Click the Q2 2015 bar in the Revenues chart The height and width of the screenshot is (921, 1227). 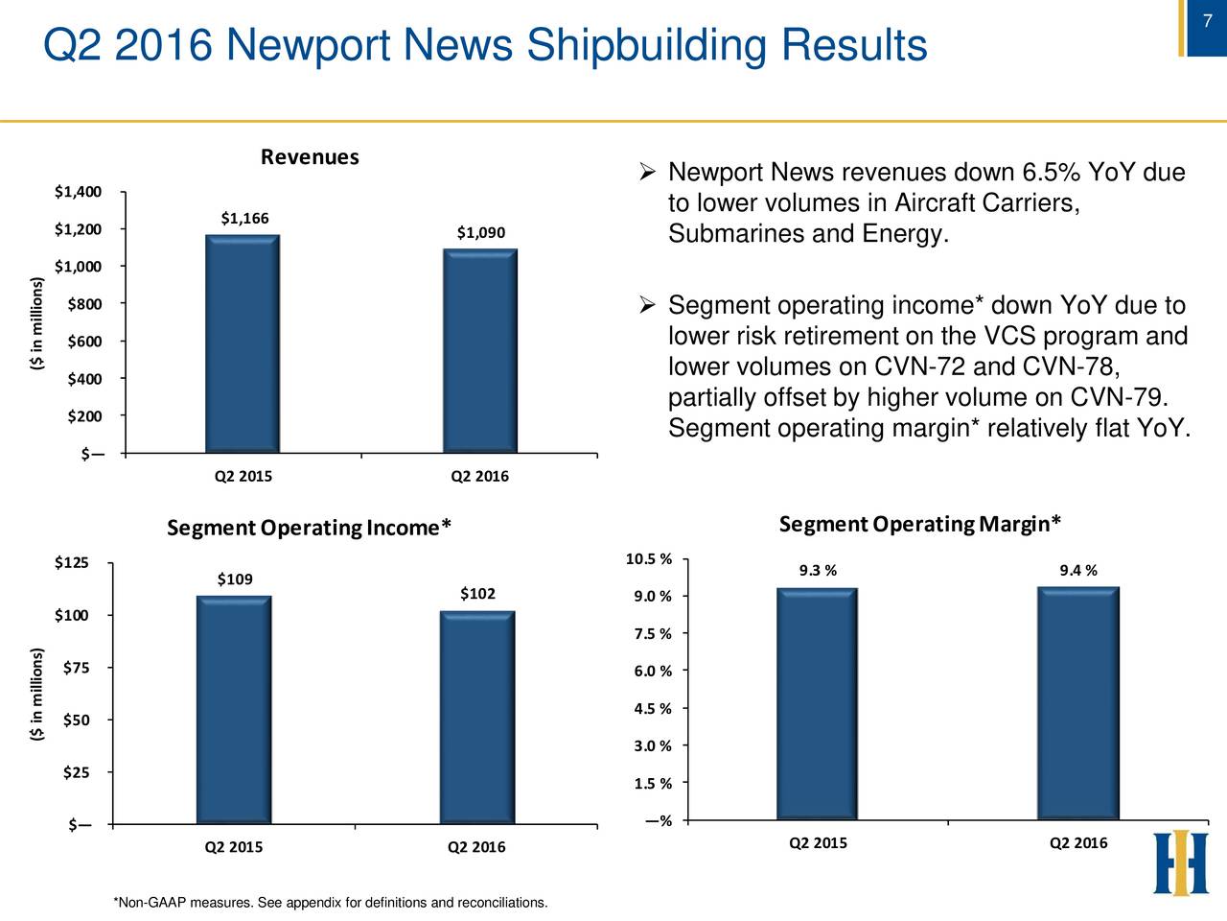click(242, 343)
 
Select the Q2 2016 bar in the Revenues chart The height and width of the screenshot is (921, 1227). click(480, 350)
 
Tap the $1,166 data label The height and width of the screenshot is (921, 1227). click(244, 218)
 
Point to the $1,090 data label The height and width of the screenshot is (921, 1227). click(481, 233)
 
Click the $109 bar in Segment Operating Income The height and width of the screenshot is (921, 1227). click(234, 710)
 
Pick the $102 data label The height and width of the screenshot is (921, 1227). click(477, 594)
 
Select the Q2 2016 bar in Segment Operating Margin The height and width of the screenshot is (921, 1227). click(1078, 703)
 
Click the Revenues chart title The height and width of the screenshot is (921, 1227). click(310, 157)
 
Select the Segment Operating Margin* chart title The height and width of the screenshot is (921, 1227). click(920, 524)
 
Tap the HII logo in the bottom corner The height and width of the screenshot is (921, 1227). click(1180, 862)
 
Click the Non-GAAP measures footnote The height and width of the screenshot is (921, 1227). click(331, 904)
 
